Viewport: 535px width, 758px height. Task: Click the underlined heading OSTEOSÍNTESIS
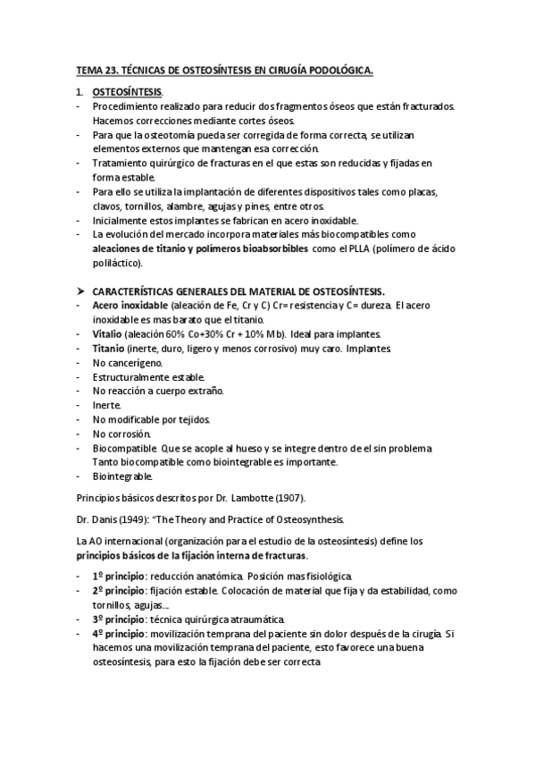128,92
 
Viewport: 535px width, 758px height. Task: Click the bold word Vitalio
108,334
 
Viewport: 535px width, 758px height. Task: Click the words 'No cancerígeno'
127,363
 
